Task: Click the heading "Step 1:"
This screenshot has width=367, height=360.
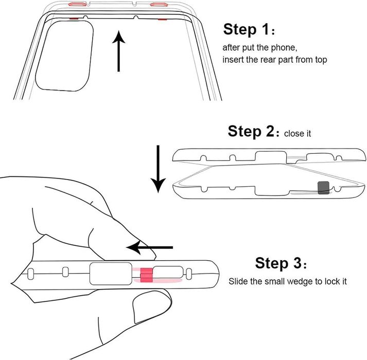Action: coord(249,29)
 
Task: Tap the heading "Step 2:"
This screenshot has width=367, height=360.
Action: coord(253,131)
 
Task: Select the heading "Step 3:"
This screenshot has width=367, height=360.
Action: coord(281,263)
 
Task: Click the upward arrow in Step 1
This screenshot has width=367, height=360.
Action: coord(119,51)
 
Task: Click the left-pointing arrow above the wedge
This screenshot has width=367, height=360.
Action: coord(150,247)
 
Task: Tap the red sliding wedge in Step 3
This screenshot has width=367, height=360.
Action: coord(146,275)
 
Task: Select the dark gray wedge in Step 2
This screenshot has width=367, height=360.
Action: coord(323,188)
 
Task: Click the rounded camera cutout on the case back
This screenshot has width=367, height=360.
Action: coord(64,56)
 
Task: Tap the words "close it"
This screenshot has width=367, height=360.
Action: coord(298,134)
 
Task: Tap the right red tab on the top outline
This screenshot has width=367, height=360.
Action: coord(159,4)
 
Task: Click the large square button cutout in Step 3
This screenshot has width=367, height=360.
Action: coord(111,274)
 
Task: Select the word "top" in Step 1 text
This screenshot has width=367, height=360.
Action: coord(321,60)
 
